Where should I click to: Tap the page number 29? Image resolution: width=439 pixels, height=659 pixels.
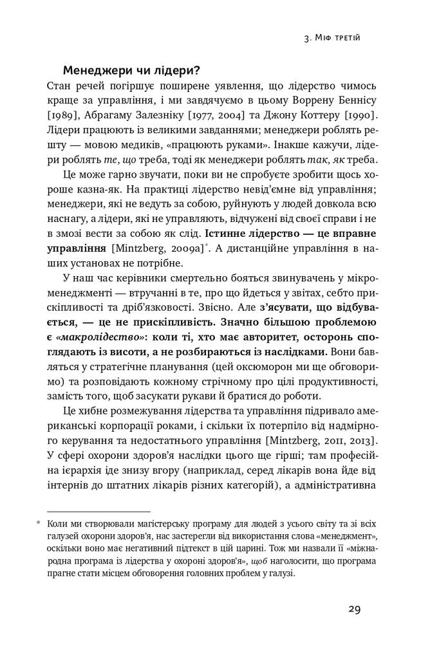pyautogui.click(x=356, y=609)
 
